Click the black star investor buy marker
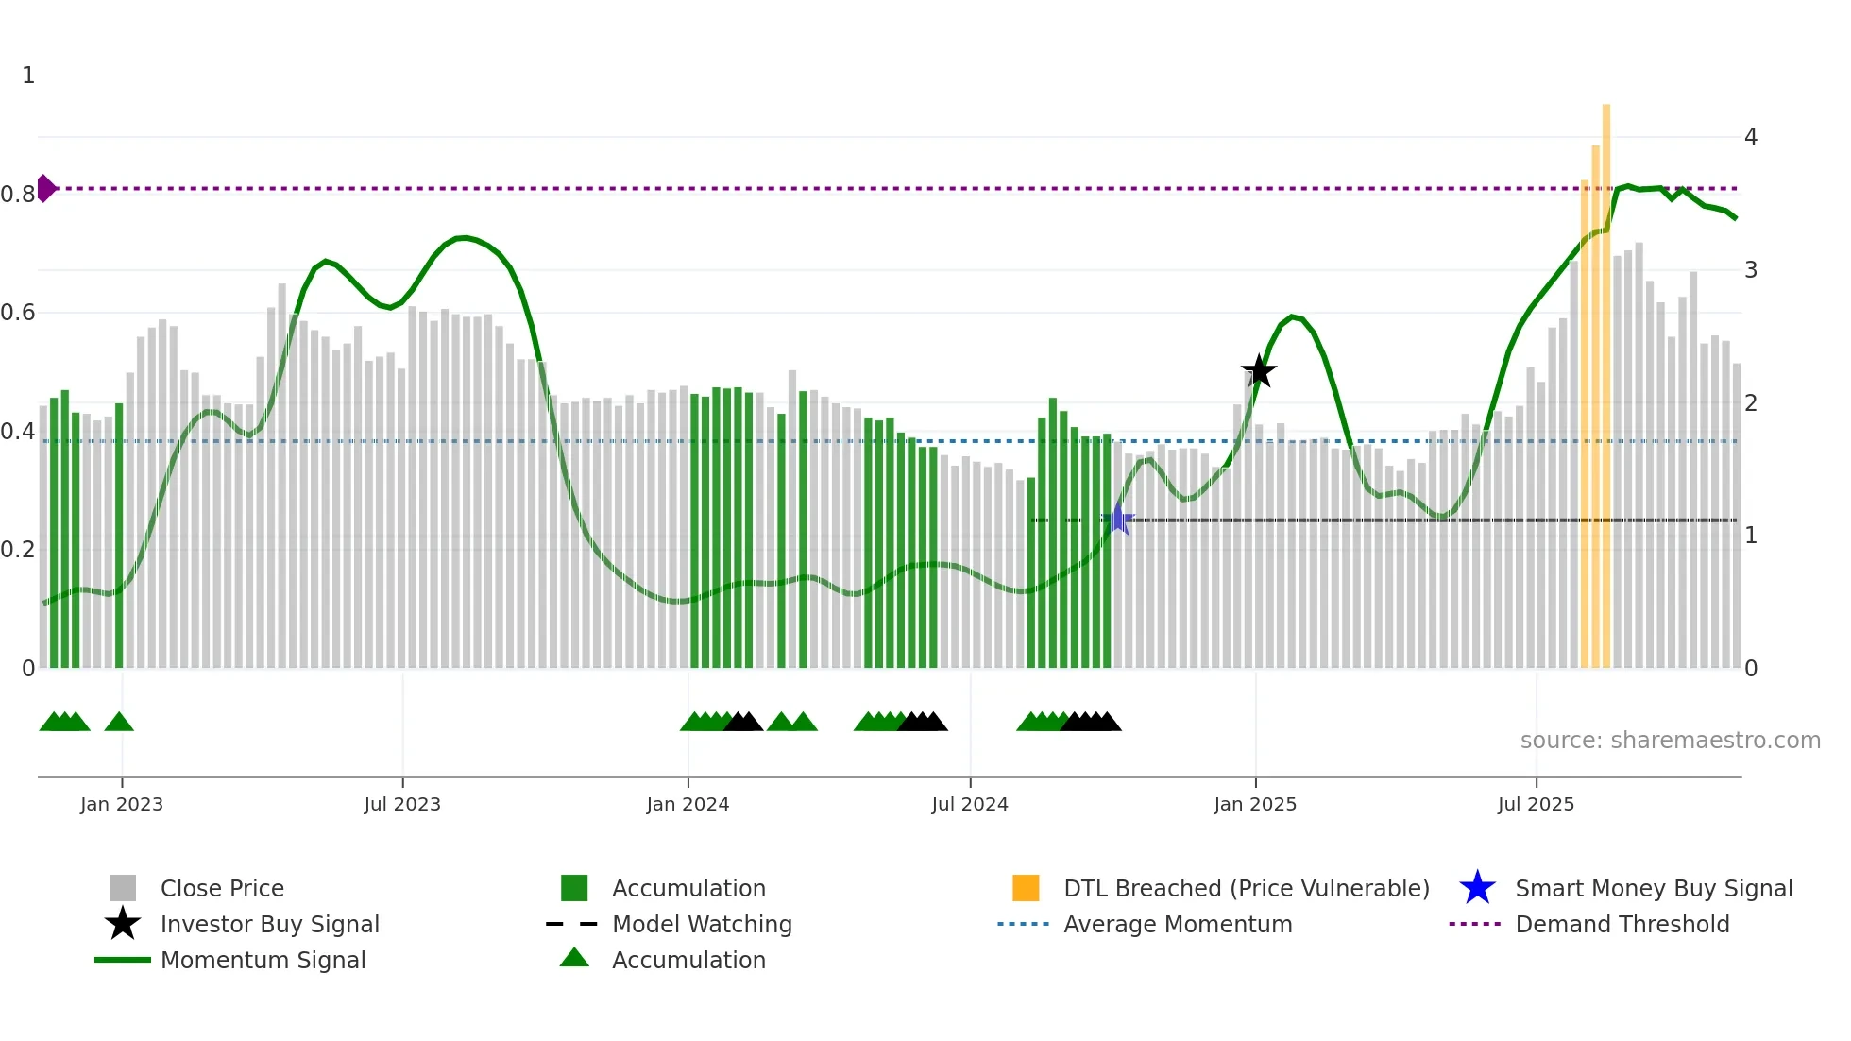point(1258,371)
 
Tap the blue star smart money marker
point(1118,519)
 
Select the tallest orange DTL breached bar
point(1605,378)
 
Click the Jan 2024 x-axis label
point(688,804)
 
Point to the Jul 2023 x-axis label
point(402,804)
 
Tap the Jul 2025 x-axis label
point(1536,804)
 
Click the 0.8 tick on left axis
point(19,195)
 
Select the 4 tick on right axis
point(1750,137)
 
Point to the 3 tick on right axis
point(1750,270)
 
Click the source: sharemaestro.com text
point(1670,741)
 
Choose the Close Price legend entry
point(222,888)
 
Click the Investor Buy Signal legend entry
point(269,924)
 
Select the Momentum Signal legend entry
point(263,960)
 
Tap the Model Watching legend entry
point(702,924)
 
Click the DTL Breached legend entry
point(1246,888)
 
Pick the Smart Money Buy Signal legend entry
point(1654,888)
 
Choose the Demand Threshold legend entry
point(1622,924)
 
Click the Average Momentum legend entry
point(1177,924)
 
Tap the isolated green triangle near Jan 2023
point(119,723)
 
